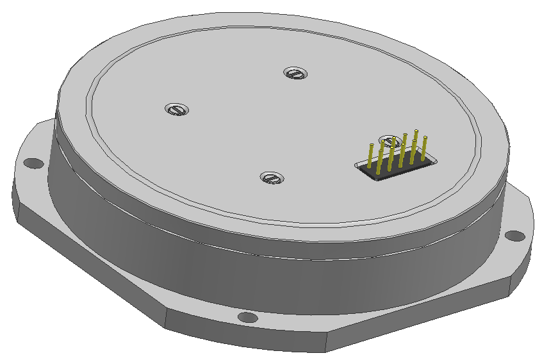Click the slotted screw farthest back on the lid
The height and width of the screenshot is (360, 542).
[295, 73]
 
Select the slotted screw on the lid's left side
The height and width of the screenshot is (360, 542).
[177, 109]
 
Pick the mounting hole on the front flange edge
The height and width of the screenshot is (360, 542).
[247, 317]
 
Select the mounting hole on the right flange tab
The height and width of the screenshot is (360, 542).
[514, 236]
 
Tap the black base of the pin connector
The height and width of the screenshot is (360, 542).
[392, 168]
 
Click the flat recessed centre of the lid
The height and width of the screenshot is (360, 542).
[256, 128]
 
